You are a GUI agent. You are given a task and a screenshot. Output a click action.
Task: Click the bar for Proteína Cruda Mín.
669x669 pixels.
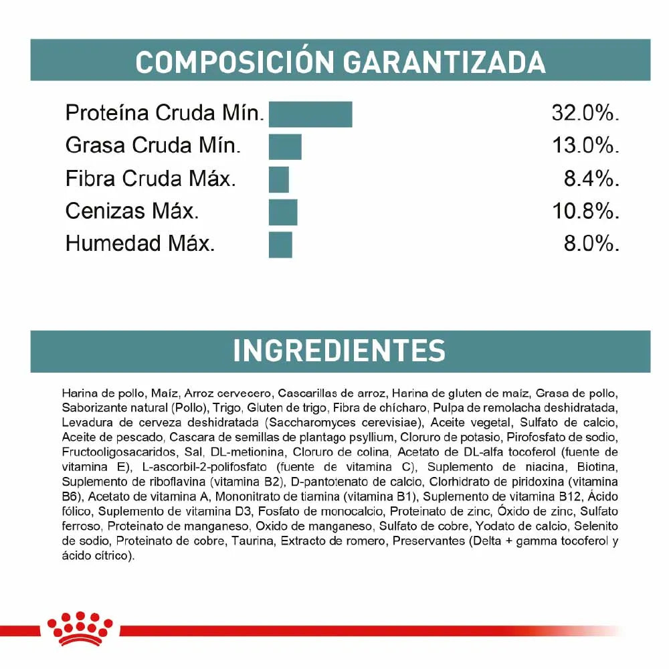pyautogui.click(x=310, y=114)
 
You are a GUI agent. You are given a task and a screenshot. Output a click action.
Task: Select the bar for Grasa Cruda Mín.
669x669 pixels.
pyautogui.click(x=285, y=147)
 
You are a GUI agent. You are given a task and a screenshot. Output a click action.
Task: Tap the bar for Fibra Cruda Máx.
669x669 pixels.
pyautogui.click(x=278, y=179)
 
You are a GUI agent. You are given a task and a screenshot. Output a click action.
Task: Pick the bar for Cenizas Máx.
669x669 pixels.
pyautogui.click(x=282, y=211)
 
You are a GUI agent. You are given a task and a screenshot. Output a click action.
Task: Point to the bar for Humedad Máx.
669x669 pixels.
pyautogui.click(x=280, y=244)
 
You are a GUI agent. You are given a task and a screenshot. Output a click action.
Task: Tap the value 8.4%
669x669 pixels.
pyautogui.click(x=591, y=179)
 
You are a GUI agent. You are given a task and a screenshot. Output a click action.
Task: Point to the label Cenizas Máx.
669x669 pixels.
pyautogui.click(x=132, y=211)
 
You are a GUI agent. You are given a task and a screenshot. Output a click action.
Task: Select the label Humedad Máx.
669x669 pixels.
pyautogui.click(x=140, y=244)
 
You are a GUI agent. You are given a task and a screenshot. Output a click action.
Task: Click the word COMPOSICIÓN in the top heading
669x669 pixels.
pyautogui.click(x=234, y=62)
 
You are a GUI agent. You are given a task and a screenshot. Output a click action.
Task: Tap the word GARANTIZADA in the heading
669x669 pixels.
pyautogui.click(x=444, y=62)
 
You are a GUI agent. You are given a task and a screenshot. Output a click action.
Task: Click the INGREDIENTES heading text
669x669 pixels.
pyautogui.click(x=339, y=351)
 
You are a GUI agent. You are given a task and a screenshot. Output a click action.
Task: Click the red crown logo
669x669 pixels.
pyautogui.click(x=80, y=628)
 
